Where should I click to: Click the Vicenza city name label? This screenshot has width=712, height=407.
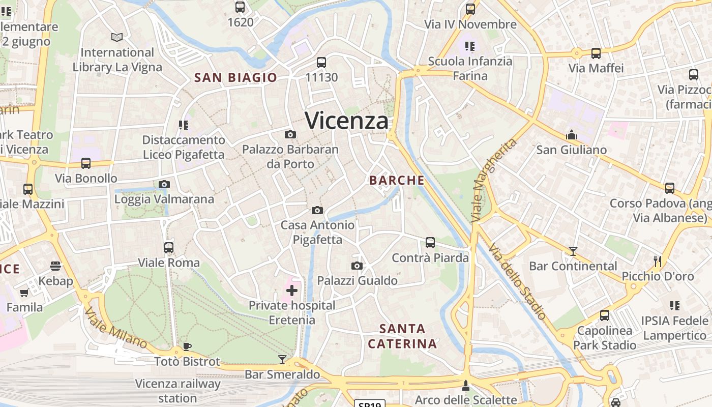347,121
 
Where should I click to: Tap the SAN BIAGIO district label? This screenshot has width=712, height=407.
236,78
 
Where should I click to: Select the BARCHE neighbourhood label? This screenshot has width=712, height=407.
397,180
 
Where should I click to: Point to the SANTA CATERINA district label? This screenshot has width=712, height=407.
402,336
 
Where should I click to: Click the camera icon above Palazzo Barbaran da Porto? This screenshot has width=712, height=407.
290,134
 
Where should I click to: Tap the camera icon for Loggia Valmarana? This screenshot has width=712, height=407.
164,184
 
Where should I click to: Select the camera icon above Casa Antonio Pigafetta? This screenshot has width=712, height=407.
317,210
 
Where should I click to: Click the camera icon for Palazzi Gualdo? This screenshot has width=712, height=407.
357,266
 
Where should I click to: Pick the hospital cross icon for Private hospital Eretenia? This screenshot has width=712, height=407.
292,290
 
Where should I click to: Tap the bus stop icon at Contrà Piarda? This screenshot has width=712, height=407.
430,243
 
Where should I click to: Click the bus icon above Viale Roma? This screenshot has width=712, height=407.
169,248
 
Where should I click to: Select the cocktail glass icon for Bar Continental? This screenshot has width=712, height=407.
573,251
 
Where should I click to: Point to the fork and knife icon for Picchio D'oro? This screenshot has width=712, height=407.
658,261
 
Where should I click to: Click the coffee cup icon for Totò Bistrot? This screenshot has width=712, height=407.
187,347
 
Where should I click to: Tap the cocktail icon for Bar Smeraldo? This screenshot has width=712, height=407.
282,360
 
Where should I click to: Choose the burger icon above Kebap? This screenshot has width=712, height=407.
55,266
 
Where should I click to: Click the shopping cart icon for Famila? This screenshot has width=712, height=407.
24,293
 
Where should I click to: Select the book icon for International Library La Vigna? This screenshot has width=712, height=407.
117,37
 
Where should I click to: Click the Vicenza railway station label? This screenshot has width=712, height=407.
177,391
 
